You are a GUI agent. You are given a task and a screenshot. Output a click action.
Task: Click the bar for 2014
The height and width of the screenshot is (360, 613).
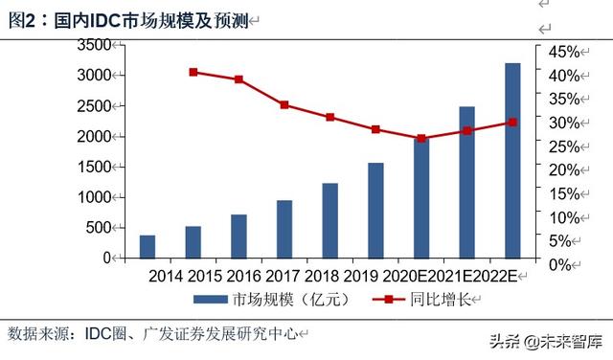coord(147,246)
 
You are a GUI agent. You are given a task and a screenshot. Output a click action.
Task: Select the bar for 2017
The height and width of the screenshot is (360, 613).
coord(284,229)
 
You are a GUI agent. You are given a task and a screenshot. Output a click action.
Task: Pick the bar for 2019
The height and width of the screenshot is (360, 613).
coord(375,210)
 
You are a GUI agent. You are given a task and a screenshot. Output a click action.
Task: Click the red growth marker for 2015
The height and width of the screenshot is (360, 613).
coord(193,72)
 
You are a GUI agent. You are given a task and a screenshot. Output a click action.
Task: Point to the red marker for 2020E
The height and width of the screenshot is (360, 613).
coord(421,138)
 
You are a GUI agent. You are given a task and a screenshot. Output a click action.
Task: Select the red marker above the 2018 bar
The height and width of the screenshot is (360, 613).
coord(329,117)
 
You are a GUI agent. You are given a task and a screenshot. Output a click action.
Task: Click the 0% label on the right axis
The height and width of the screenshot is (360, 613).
coord(558,262)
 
